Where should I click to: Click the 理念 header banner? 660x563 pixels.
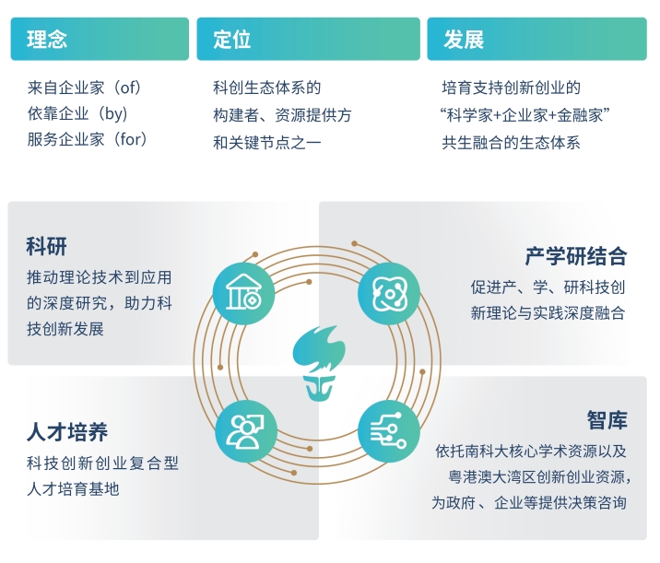pyautogui.click(x=100, y=39)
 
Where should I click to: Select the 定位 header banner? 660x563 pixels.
pyautogui.click(x=308, y=39)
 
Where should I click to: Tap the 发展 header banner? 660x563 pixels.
pyautogui.click(x=536, y=39)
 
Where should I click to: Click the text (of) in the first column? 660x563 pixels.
pyautogui.click(x=128, y=88)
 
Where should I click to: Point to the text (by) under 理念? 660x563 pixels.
pyautogui.click(x=112, y=113)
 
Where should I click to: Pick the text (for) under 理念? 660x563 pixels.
pyautogui.click(x=131, y=139)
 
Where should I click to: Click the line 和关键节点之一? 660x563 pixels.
pyautogui.click(x=267, y=143)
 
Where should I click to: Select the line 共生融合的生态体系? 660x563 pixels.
pyautogui.click(x=511, y=143)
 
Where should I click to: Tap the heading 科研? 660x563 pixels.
pyautogui.click(x=46, y=246)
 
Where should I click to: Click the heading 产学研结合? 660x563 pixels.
pyautogui.click(x=576, y=256)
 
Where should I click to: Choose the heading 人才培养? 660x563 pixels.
pyautogui.click(x=67, y=432)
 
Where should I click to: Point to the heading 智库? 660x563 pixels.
pyautogui.click(x=607, y=420)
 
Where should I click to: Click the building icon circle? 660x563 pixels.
pyautogui.click(x=243, y=293)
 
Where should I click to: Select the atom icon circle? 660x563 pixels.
pyautogui.click(x=389, y=293)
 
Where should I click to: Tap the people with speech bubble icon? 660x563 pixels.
pyautogui.click(x=246, y=431)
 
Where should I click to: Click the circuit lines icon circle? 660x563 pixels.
pyautogui.click(x=389, y=431)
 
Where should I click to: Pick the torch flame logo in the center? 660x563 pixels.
pyautogui.click(x=319, y=363)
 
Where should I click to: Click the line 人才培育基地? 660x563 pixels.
pyautogui.click(x=73, y=489)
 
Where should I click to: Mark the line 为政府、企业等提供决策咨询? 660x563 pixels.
pyautogui.click(x=529, y=502)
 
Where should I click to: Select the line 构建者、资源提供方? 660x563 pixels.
pyautogui.click(x=282, y=115)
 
